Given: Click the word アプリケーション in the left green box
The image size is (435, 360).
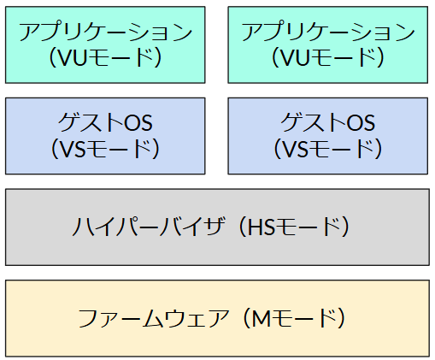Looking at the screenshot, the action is (105, 31).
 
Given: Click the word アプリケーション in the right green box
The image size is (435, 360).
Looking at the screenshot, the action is (328, 31).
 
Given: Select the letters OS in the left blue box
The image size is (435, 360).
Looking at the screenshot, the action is (138, 122).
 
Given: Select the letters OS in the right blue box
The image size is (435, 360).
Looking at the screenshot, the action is (361, 122).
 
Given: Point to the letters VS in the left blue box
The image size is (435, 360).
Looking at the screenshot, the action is (73, 149).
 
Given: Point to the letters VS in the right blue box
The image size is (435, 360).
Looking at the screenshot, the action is (295, 149).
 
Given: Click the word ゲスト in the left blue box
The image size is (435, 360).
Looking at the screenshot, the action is (91, 122).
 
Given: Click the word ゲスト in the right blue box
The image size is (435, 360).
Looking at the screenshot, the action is (314, 122).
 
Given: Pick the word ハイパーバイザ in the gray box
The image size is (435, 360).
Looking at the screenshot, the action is (149, 227).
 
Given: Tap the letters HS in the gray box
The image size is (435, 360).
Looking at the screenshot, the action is (261, 227).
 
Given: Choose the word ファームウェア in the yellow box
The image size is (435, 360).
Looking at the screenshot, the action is (154, 318).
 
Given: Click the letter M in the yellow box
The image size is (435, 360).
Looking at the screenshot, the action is (262, 318).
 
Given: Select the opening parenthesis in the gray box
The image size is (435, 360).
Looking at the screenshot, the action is (243, 227).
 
